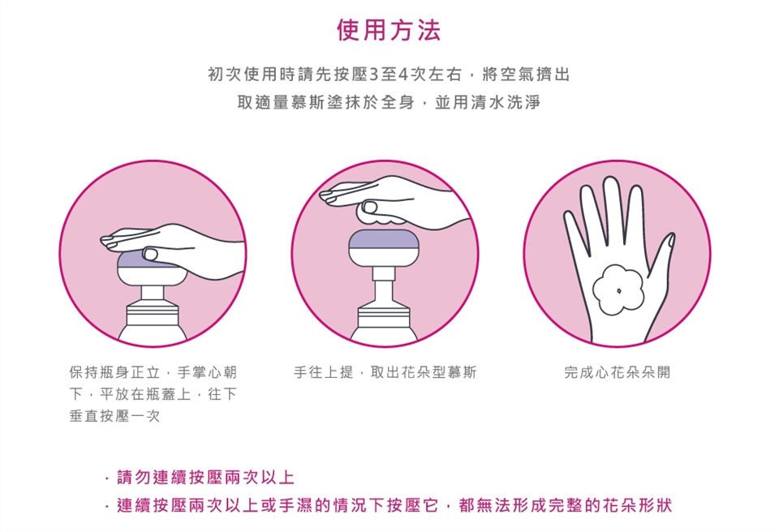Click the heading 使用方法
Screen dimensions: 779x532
[x=389, y=30]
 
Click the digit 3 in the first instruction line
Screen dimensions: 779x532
[x=373, y=75]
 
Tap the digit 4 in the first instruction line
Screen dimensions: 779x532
[x=403, y=75]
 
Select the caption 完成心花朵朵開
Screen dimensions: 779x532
[x=617, y=372]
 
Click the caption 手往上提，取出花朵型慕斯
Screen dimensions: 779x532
[x=385, y=372]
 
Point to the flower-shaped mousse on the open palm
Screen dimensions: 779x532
[x=618, y=290]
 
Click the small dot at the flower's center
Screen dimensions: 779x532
[x=618, y=290]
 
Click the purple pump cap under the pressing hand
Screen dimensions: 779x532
[x=134, y=260]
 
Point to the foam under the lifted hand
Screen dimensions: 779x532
[x=380, y=215]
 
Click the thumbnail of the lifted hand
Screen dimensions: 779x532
[x=369, y=206]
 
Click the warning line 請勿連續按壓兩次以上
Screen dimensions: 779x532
[x=205, y=478]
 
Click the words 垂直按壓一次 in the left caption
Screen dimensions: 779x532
[x=114, y=416]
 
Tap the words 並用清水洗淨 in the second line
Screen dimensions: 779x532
[x=488, y=102]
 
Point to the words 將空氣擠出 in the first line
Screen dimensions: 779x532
[x=526, y=75]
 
